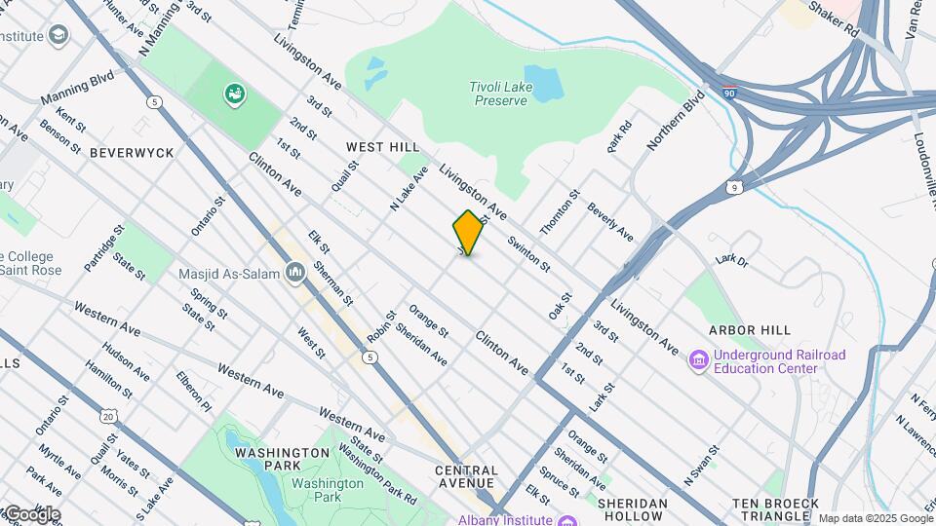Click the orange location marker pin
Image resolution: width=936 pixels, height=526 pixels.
coord(468,233)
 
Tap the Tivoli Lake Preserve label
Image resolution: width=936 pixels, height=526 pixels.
coord(500,93)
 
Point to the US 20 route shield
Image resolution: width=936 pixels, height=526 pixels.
coord(107,416)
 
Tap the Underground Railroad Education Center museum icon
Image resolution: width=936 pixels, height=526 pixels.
coord(697,361)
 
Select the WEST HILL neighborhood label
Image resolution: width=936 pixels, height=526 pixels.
coord(382,146)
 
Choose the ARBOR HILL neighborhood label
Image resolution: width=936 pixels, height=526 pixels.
coord(748,330)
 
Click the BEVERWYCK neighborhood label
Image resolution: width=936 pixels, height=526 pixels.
coord(132,153)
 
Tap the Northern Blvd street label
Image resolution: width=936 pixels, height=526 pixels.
coord(676,120)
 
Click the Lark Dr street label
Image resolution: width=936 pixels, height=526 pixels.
coord(730,260)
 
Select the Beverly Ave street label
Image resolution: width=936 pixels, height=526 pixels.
coord(610,222)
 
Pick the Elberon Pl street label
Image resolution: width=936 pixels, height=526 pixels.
coord(193,387)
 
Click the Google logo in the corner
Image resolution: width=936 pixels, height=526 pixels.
coord(31,513)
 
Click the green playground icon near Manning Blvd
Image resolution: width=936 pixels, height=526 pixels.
coord(234,94)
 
